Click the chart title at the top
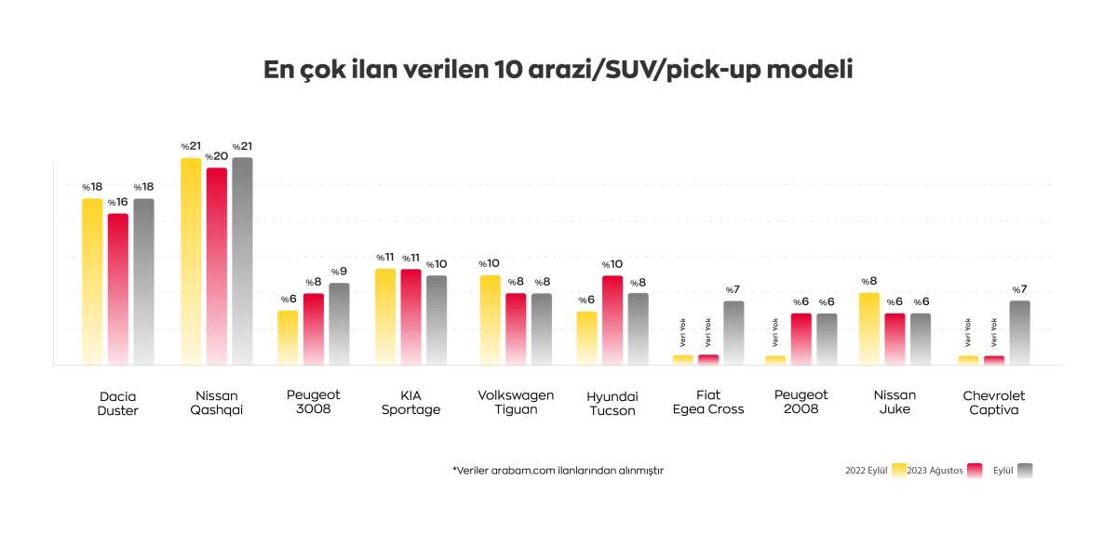[x=558, y=70]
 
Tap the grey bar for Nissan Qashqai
[x=242, y=260]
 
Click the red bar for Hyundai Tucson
[x=612, y=320]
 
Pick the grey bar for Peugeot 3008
[x=339, y=324]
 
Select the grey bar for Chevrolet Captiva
[x=1020, y=332]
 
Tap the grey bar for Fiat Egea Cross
[x=733, y=332]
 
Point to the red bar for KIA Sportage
[x=410, y=316]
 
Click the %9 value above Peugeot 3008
[x=339, y=272]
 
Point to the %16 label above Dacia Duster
[x=117, y=202]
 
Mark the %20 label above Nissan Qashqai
[x=216, y=156]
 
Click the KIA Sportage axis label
[x=410, y=403]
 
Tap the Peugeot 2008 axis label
[x=801, y=403]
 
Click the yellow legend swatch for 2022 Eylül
[x=899, y=470]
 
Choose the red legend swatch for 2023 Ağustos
[x=976, y=470]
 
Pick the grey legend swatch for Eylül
[x=1026, y=470]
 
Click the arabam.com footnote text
[x=558, y=471]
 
